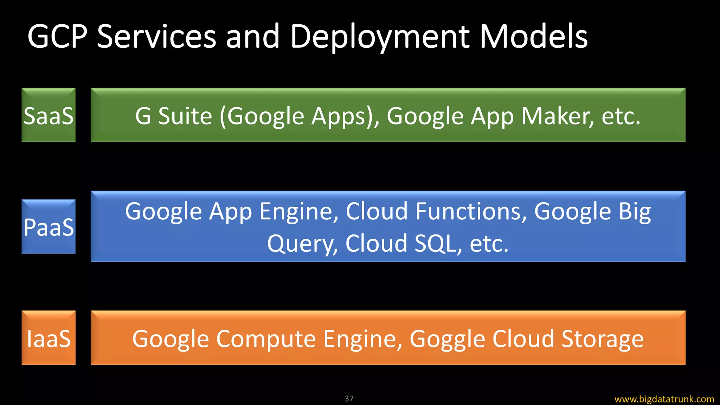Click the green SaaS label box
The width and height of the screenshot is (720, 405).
pyautogui.click(x=49, y=115)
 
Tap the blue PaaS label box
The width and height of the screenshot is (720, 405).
pyautogui.click(x=49, y=227)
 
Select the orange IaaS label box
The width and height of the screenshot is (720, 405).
pyautogui.click(x=49, y=338)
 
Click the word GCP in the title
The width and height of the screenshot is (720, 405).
pyautogui.click(x=57, y=37)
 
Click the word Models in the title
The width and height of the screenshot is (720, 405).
pyautogui.click(x=534, y=37)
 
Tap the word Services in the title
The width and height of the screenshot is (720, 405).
pyautogui.click(x=156, y=37)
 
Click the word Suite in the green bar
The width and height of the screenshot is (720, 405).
pyautogui.click(x=185, y=116)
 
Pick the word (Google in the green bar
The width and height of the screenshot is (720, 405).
pyautogui.click(x=262, y=117)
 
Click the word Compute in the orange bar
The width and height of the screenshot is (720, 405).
pyautogui.click(x=266, y=339)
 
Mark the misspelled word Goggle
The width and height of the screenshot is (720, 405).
pyautogui.click(x=447, y=339)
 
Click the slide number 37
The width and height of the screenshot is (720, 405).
pyautogui.click(x=349, y=399)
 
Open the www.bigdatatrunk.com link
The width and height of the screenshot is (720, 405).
pyautogui.click(x=664, y=399)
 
